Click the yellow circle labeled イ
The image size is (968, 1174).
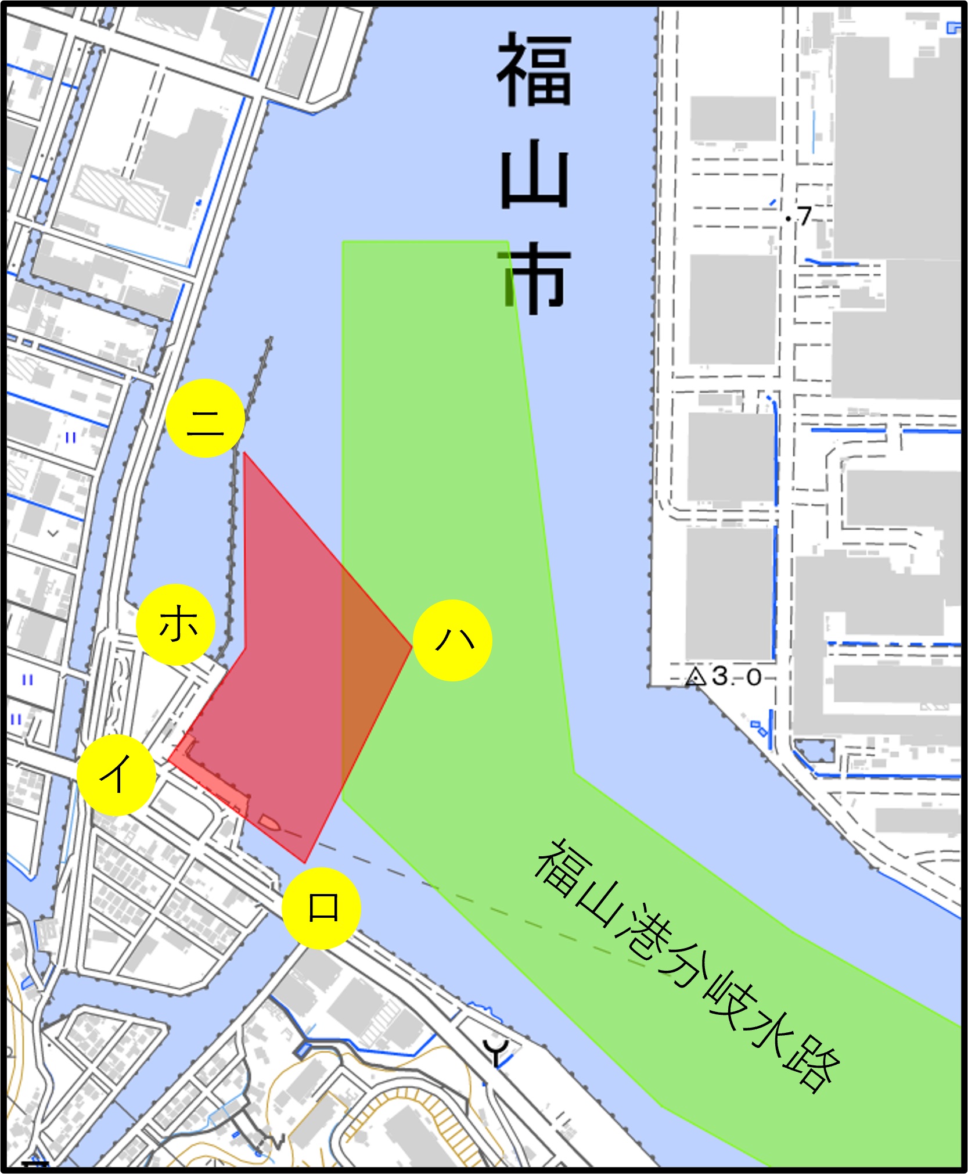pyautogui.click(x=117, y=775)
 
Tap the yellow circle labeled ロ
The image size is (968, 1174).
pyautogui.click(x=321, y=908)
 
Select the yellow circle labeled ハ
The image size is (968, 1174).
pyautogui.click(x=453, y=641)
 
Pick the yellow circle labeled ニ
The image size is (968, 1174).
pyautogui.click(x=205, y=418)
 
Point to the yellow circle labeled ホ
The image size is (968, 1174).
pyautogui.click(x=176, y=625)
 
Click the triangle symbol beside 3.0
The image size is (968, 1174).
pyautogui.click(x=694, y=677)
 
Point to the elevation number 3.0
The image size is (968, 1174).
pyautogui.click(x=736, y=677)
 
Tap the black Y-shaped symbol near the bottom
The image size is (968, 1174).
pyautogui.click(x=497, y=1051)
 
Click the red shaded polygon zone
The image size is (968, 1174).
pyautogui.click(x=290, y=668)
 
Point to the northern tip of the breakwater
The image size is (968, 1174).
pyautogui.click(x=270, y=339)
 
